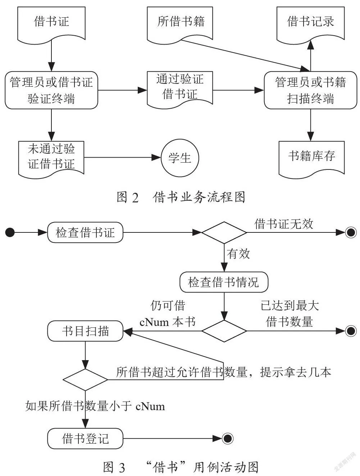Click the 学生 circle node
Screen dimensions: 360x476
[180, 158]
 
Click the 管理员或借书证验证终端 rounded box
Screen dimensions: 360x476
[51, 90]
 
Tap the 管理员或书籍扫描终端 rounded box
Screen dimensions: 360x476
[310, 90]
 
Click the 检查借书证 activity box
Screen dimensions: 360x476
[85, 232]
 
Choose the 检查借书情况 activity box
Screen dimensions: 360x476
[224, 282]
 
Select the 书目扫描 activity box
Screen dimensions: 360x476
[85, 331]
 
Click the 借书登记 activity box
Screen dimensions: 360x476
[85, 439]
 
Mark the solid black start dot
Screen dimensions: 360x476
[10, 232]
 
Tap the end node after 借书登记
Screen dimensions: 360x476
[228, 439]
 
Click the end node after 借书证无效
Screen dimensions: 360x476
[351, 232]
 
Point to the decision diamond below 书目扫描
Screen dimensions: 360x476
[85, 380]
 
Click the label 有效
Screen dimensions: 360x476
[238, 254]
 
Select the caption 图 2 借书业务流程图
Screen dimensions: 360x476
[181, 197]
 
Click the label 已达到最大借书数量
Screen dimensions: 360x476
[290, 313]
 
